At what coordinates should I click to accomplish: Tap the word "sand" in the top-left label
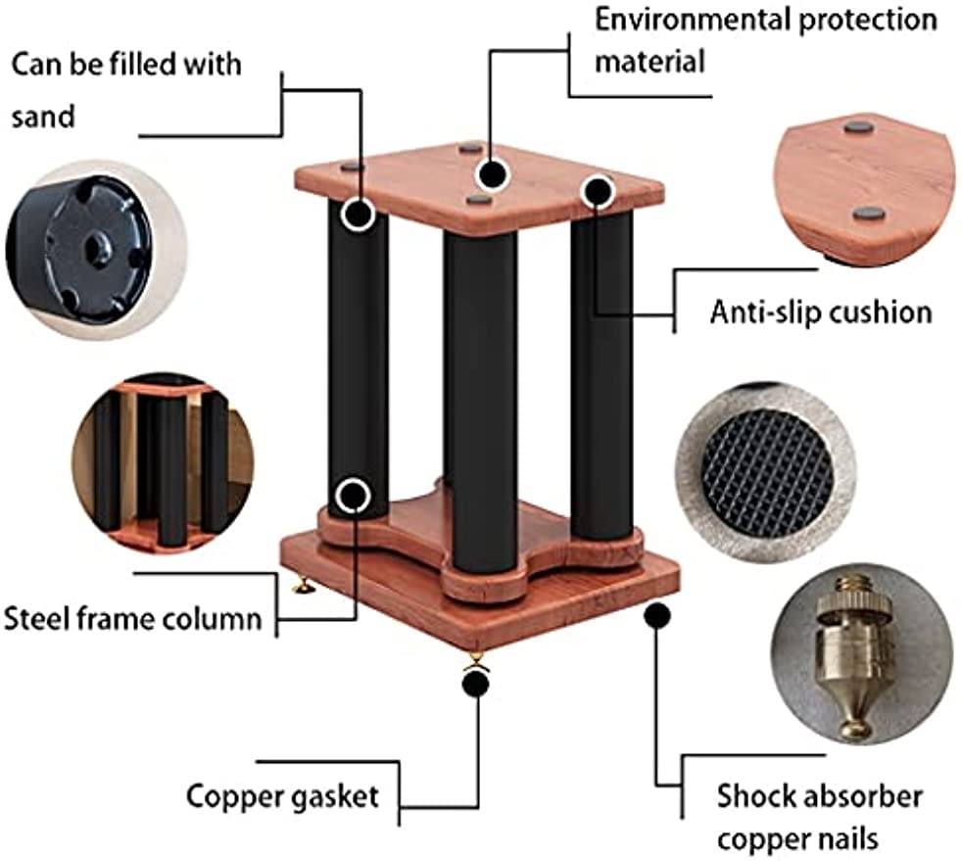point(43,118)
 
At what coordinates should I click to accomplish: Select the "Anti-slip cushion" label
point(820,312)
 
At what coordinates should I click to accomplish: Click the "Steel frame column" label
point(133,619)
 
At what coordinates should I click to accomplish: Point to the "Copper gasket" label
point(282,795)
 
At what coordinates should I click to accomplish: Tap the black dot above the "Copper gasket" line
point(475,683)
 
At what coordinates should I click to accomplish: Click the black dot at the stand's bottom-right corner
point(657,616)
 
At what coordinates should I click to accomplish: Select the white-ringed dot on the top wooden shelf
point(493,174)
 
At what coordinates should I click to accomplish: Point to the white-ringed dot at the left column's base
point(352,496)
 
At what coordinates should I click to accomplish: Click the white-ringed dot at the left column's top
point(359,214)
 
